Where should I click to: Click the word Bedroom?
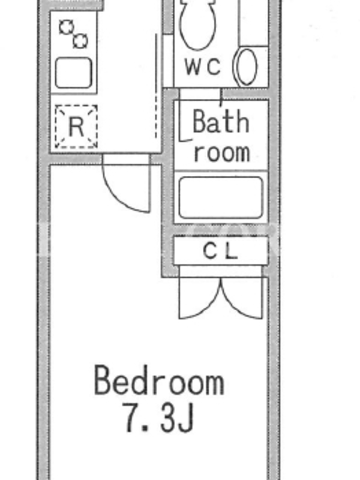pos(159,380)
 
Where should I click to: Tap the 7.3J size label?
pos(159,417)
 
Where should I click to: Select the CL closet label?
pos(220,251)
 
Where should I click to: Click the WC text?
pos(203,66)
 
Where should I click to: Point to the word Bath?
pos(221,122)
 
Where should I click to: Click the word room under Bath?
pos(222,152)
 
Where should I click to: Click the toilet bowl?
pos(198,25)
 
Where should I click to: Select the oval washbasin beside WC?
pos(245,67)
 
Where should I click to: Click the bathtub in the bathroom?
pos(221,197)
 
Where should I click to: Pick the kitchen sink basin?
pos(73,73)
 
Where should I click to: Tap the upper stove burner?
pos(67,28)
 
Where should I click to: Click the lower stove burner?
pos(80,41)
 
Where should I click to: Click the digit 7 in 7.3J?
pos(132,417)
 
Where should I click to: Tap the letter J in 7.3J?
pos(186,417)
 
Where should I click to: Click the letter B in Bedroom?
pos(102,380)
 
